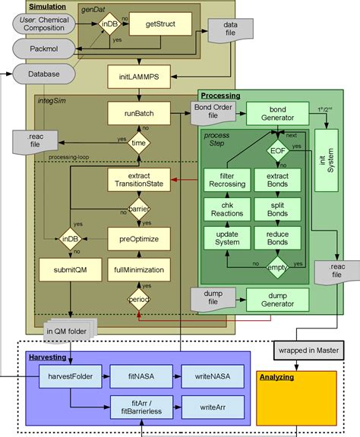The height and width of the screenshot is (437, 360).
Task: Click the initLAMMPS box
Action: (137, 77)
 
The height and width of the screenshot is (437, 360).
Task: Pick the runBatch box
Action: (137, 114)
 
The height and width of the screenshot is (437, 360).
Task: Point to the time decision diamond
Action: (137, 142)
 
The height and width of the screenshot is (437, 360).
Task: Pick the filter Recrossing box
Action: (226, 181)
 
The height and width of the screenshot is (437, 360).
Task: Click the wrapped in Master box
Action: (305, 351)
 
